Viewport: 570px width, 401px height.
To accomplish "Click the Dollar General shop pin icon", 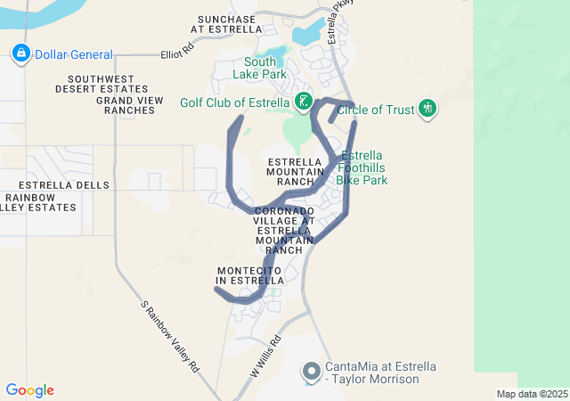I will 20,54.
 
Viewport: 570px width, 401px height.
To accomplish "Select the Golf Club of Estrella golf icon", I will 304,102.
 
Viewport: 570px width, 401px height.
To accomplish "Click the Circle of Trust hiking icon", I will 427,110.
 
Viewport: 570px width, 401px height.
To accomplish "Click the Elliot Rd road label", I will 178,53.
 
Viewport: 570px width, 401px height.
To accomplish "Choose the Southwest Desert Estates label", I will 102,84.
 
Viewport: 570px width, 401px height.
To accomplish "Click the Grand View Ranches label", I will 130,105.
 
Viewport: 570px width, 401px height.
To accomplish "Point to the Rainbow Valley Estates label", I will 39,202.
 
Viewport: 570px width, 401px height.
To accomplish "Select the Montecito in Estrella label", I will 249,275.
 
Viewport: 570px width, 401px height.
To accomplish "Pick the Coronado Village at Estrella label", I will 284,230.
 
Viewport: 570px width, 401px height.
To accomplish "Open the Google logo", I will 29,390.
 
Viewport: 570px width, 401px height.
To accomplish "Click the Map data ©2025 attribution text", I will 531,394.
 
